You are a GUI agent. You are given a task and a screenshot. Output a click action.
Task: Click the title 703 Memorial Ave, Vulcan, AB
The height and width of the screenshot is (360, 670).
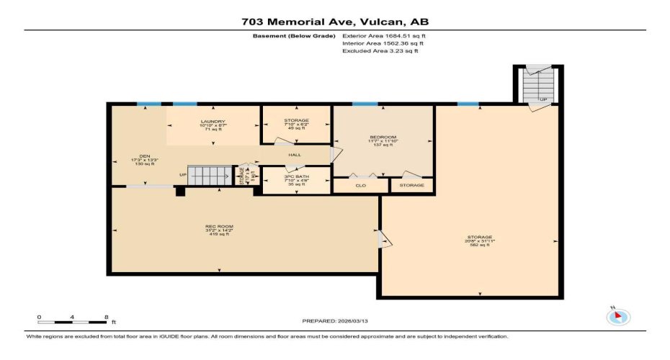pos(335,22)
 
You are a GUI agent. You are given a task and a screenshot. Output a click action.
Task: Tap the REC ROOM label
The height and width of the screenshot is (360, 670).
pos(219,230)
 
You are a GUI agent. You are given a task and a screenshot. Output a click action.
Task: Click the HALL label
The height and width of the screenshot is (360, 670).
pos(295,155)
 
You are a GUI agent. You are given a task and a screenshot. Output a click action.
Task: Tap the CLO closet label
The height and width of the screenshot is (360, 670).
pos(360,186)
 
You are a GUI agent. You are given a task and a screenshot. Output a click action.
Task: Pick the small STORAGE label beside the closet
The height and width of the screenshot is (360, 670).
pos(412,186)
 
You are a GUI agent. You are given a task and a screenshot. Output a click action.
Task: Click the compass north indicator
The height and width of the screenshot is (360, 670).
pos(618,316)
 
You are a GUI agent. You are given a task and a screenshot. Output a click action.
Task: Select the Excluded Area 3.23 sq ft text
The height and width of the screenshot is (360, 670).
pos(380,51)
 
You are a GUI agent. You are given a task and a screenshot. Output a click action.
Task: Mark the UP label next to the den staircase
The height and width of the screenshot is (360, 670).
pos(183,175)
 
